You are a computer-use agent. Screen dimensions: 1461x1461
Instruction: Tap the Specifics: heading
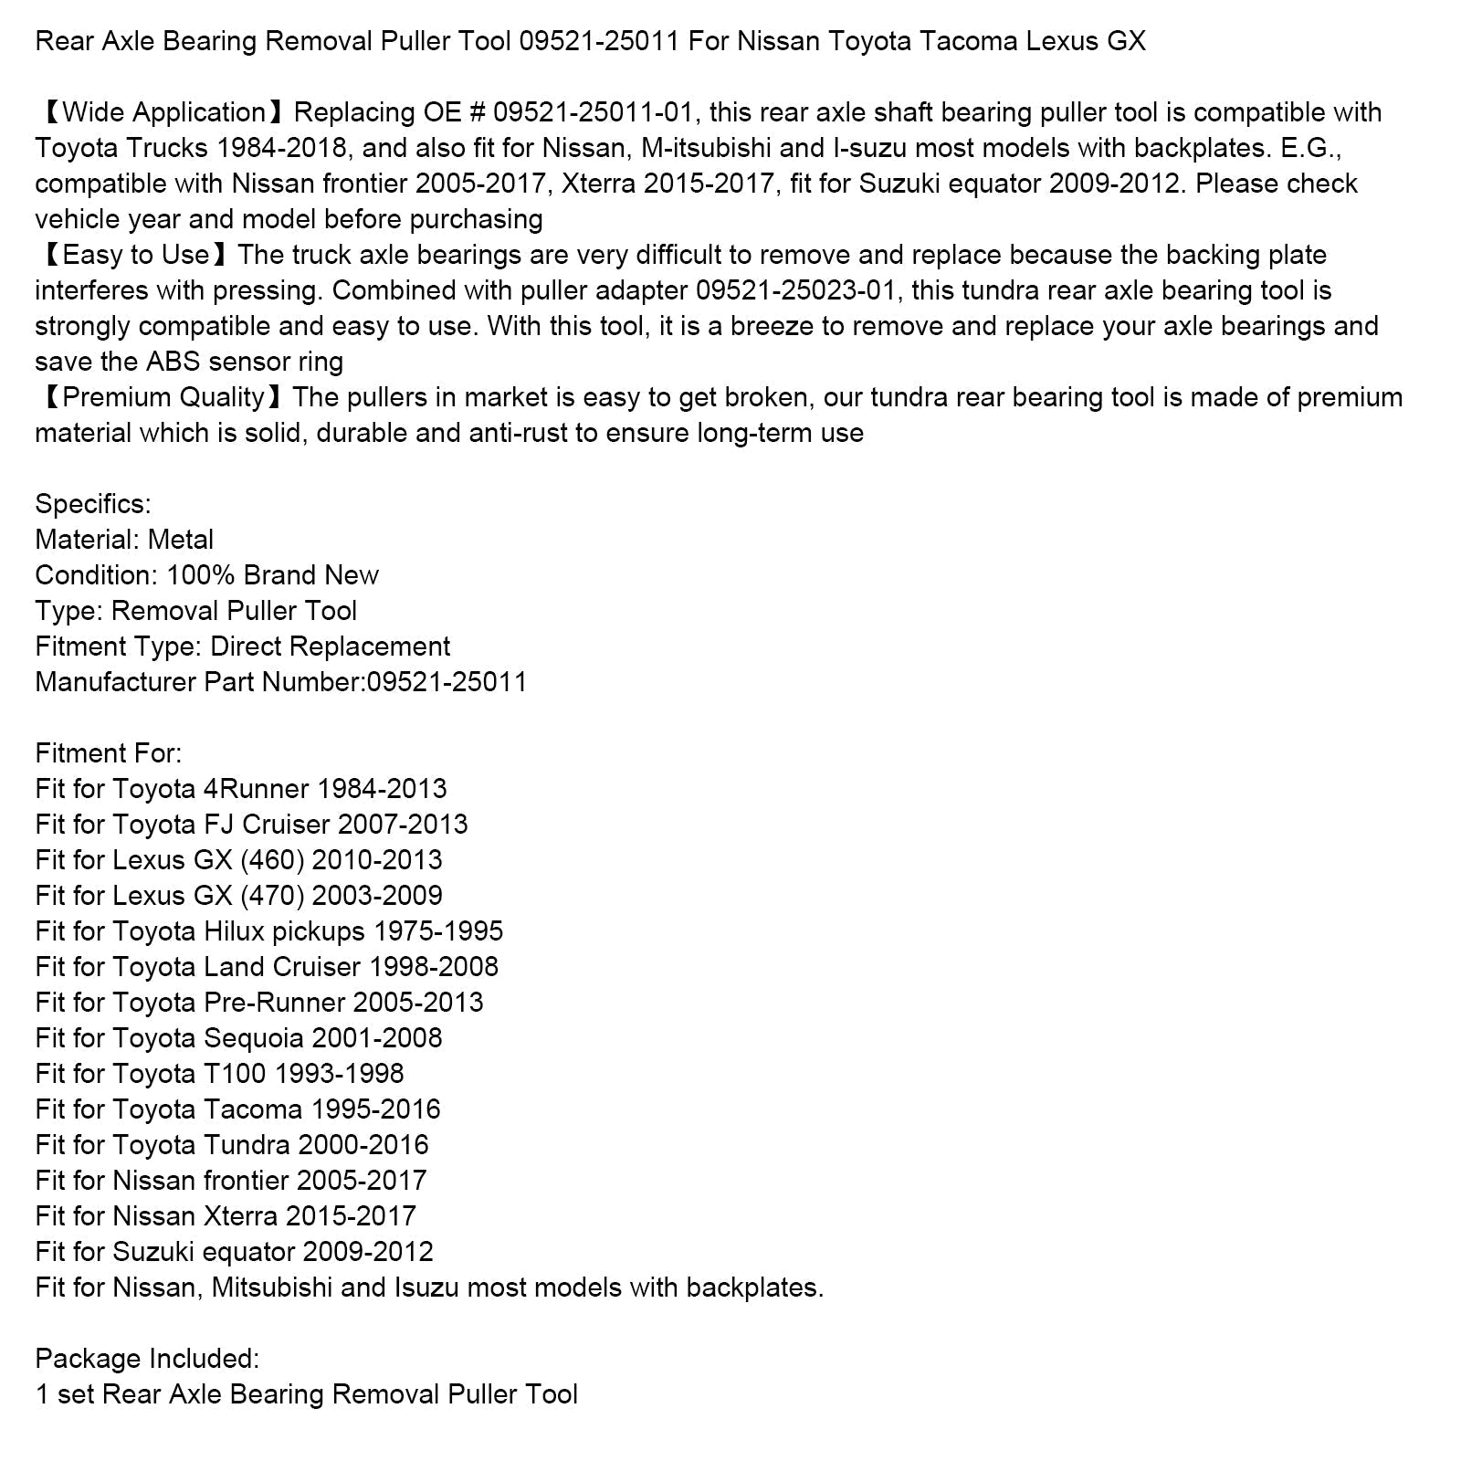(93, 504)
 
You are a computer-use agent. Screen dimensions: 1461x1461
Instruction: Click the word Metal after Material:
(180, 540)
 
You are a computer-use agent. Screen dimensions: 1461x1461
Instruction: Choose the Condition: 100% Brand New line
(206, 575)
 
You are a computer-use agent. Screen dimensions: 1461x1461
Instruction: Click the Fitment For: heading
(109, 753)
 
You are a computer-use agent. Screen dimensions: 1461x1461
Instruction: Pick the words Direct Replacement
(330, 646)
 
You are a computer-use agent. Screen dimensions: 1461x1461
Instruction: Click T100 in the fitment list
(235, 1074)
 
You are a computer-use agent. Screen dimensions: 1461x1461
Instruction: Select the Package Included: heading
(147, 1359)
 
